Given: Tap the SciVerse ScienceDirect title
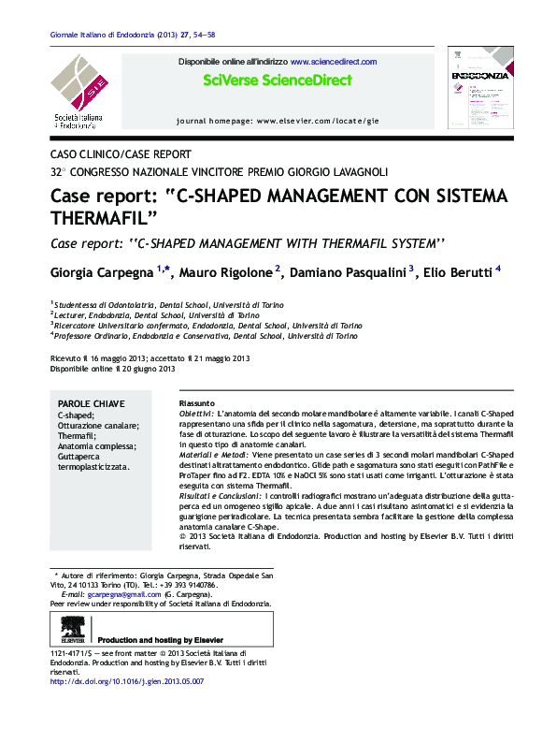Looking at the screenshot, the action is coord(278,80).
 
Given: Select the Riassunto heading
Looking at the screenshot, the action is coord(196,402).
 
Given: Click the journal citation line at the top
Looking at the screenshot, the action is coord(132,36).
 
